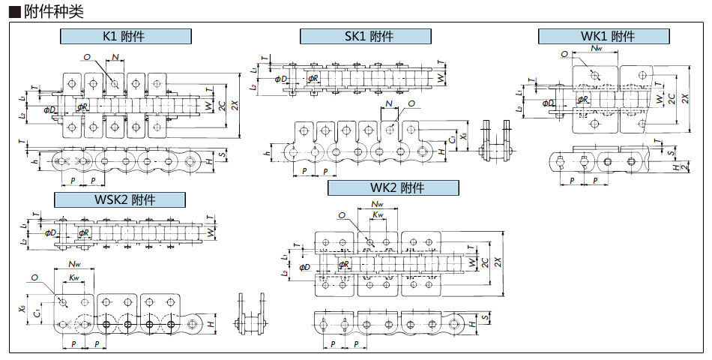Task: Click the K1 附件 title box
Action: click(x=125, y=36)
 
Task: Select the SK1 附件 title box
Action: click(x=365, y=36)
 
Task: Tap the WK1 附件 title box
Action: click(x=603, y=36)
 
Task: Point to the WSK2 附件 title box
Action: click(x=119, y=199)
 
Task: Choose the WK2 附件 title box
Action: click(x=393, y=187)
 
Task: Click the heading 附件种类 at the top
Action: click(x=46, y=11)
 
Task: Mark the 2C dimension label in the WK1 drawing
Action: click(x=672, y=98)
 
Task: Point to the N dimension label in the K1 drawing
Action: click(x=115, y=57)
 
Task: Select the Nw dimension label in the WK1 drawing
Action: click(x=597, y=49)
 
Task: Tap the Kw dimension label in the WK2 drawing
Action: click(x=378, y=216)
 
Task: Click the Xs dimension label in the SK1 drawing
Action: click(x=464, y=137)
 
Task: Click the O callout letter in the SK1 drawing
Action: click(x=411, y=103)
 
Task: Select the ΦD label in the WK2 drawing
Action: click(x=304, y=266)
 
